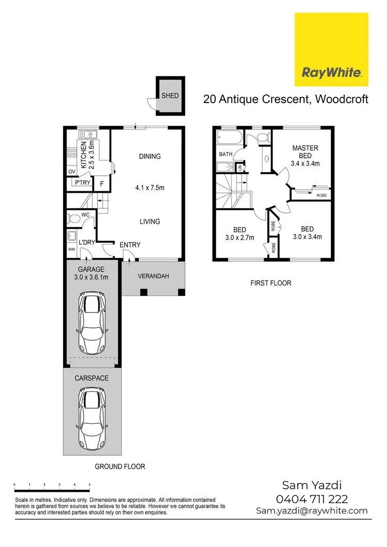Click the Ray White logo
pos(331,50)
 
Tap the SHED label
pos(170,96)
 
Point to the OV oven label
pos(72,171)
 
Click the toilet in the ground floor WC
pos(73,219)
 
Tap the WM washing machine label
pos(71,250)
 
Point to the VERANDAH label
pos(153,276)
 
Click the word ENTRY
pos(130,245)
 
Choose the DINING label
pos(150,156)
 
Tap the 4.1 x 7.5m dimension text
pos(150,188)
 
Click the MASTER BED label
pos(305,152)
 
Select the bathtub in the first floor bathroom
pos(230,138)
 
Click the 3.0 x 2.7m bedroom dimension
pos(239,237)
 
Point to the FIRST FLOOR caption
pos(270,283)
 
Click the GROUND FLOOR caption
pos(120,467)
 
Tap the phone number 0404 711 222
pos(312,499)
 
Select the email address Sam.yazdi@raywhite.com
pos(312,511)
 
